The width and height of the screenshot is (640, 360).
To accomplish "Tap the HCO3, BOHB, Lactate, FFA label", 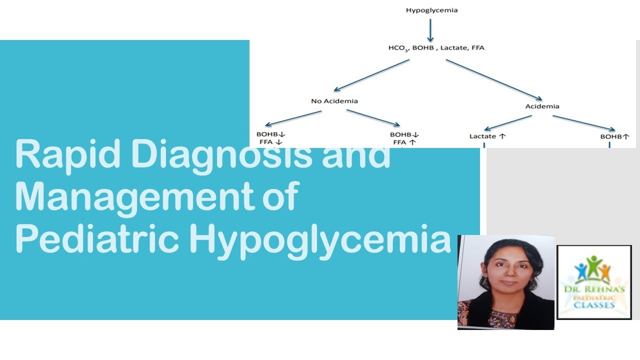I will click(429, 48).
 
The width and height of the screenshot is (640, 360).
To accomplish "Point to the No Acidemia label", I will click(334, 101).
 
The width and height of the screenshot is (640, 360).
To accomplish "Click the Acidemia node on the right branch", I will click(542, 106).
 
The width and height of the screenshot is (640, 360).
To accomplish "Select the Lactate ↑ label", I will click(488, 136).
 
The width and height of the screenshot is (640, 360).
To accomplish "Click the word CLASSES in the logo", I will click(595, 304).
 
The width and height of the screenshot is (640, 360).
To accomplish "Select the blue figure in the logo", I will click(581, 272).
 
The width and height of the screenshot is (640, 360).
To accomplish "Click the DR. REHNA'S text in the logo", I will click(594, 289).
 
